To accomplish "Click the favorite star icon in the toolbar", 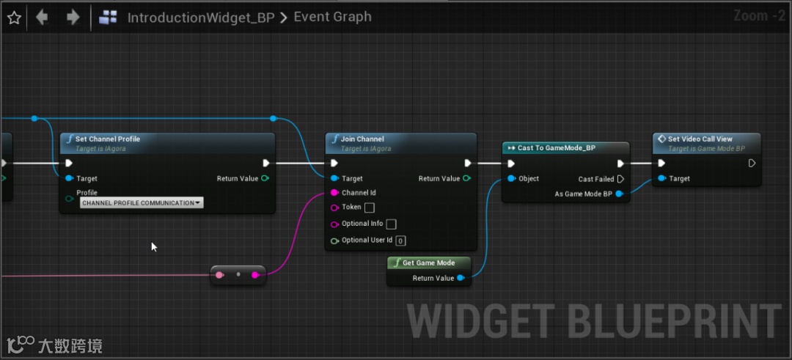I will [13, 18].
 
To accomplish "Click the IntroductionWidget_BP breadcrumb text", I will [200, 18].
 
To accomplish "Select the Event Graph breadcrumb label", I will [332, 17].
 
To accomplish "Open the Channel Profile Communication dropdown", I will [141, 202].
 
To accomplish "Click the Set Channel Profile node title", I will [107, 139].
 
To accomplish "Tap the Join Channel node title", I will [362, 139].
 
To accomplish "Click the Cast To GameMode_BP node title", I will [556, 147].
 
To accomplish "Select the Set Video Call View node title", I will [700, 139].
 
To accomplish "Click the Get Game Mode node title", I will [428, 262].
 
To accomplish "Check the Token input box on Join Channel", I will [370, 207].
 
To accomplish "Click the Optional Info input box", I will [392, 224].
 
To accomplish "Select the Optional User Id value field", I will [400, 240].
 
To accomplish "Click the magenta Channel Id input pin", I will [334, 193].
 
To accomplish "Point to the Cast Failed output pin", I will [620, 179].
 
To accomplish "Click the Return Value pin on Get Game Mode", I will [461, 278].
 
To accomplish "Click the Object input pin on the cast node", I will [511, 179].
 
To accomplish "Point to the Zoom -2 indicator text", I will [759, 16].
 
